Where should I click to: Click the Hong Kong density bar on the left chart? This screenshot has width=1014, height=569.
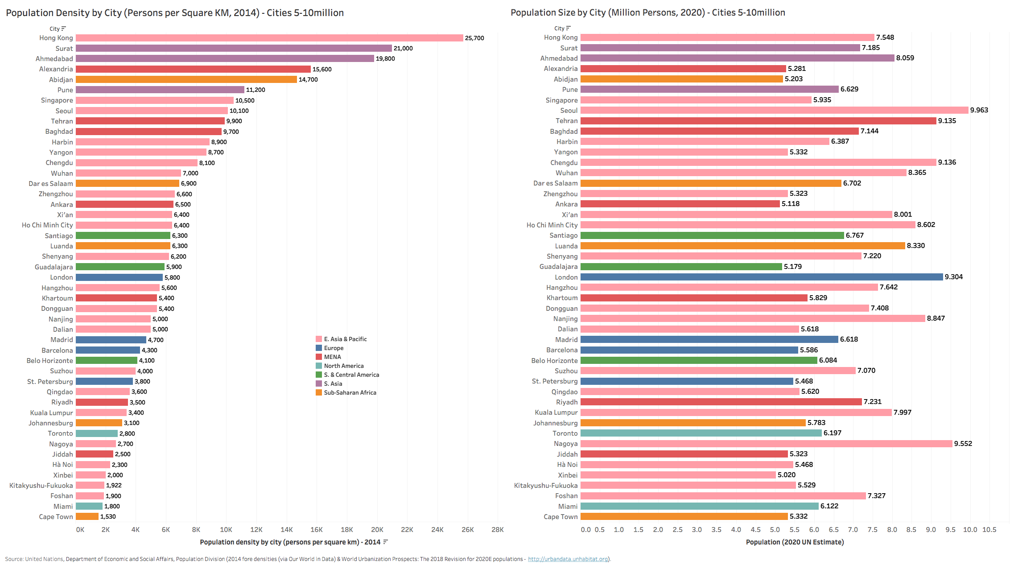tap(269, 38)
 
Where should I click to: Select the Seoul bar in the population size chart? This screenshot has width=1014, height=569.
tap(774, 110)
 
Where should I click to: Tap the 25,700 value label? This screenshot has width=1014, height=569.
tap(474, 38)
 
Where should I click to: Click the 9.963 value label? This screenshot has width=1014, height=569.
tap(979, 110)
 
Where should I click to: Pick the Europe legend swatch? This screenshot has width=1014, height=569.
tap(319, 348)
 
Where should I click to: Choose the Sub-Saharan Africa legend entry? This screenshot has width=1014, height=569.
tap(350, 392)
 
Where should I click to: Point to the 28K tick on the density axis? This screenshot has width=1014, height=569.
tap(497, 529)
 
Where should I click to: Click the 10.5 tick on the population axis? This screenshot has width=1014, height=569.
tap(989, 529)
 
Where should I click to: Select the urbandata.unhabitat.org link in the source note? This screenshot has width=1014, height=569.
tap(568, 559)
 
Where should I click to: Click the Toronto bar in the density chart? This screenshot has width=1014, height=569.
tap(97, 433)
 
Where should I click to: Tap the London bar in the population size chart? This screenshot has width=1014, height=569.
tap(762, 277)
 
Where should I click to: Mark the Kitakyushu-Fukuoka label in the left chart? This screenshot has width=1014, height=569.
tap(41, 485)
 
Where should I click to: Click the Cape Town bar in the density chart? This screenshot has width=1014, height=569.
tap(87, 516)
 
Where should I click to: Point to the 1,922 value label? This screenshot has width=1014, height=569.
tap(114, 485)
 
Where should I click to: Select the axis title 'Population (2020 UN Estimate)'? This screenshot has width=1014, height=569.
tap(795, 542)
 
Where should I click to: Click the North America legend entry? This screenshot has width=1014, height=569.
tap(343, 366)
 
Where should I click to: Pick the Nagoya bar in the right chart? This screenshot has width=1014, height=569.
tap(766, 444)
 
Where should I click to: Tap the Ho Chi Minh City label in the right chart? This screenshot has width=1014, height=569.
tap(552, 225)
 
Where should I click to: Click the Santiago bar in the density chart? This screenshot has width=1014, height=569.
tap(123, 235)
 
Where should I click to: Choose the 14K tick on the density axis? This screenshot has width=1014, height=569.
tap(286, 529)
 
